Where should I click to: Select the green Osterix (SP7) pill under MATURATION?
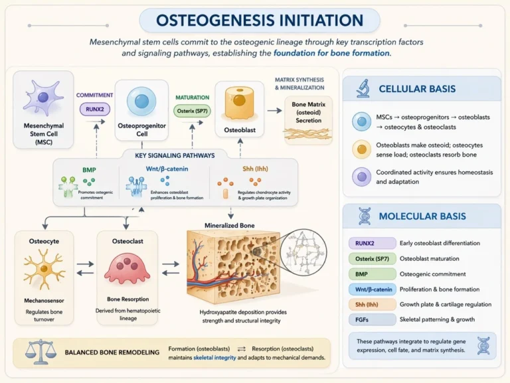point(192,112)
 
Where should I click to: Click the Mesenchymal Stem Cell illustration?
point(41,99)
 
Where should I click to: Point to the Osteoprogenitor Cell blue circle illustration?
point(141,102)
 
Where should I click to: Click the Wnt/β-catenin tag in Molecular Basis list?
point(373,289)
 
